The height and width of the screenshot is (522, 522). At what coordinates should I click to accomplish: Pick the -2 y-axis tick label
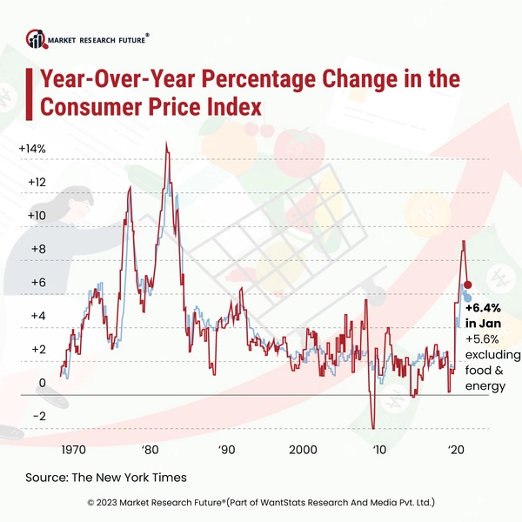(39, 416)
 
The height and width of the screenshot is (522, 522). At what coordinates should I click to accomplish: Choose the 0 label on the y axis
(41, 383)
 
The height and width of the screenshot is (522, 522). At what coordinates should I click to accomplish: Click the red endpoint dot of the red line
(467, 285)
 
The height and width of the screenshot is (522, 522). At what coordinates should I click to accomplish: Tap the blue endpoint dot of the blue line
(467, 298)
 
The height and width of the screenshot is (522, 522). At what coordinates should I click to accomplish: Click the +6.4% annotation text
(482, 308)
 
